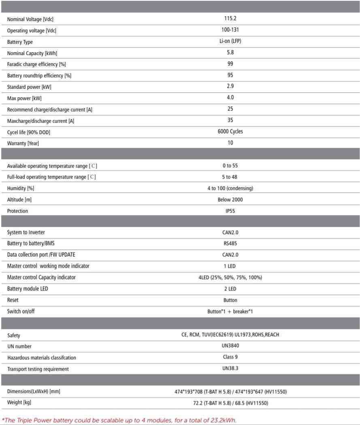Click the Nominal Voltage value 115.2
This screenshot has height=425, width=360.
tap(230, 19)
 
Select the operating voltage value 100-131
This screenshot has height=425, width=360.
tap(230, 30)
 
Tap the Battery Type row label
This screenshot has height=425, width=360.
tap(20, 42)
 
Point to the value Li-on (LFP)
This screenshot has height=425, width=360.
tap(230, 41)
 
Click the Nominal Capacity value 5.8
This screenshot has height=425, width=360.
tap(230, 52)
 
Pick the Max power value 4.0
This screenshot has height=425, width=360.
tap(230, 97)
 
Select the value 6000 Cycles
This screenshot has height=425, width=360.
tap(230, 131)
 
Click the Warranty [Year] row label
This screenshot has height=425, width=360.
tap(23, 143)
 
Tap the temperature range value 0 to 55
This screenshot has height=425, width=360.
tap(230, 166)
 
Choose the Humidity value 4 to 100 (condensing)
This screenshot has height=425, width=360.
tap(230, 188)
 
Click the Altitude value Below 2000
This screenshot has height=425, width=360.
tap(230, 199)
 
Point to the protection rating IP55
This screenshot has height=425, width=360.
tap(230, 211)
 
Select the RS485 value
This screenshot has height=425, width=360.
tap(230, 243)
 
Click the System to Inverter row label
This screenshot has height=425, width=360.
tap(28, 233)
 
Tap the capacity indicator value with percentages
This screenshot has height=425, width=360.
tap(230, 278)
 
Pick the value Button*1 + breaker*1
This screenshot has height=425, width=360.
tap(230, 312)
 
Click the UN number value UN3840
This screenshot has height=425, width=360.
tap(230, 346)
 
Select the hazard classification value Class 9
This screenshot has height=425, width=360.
tap(230, 357)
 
